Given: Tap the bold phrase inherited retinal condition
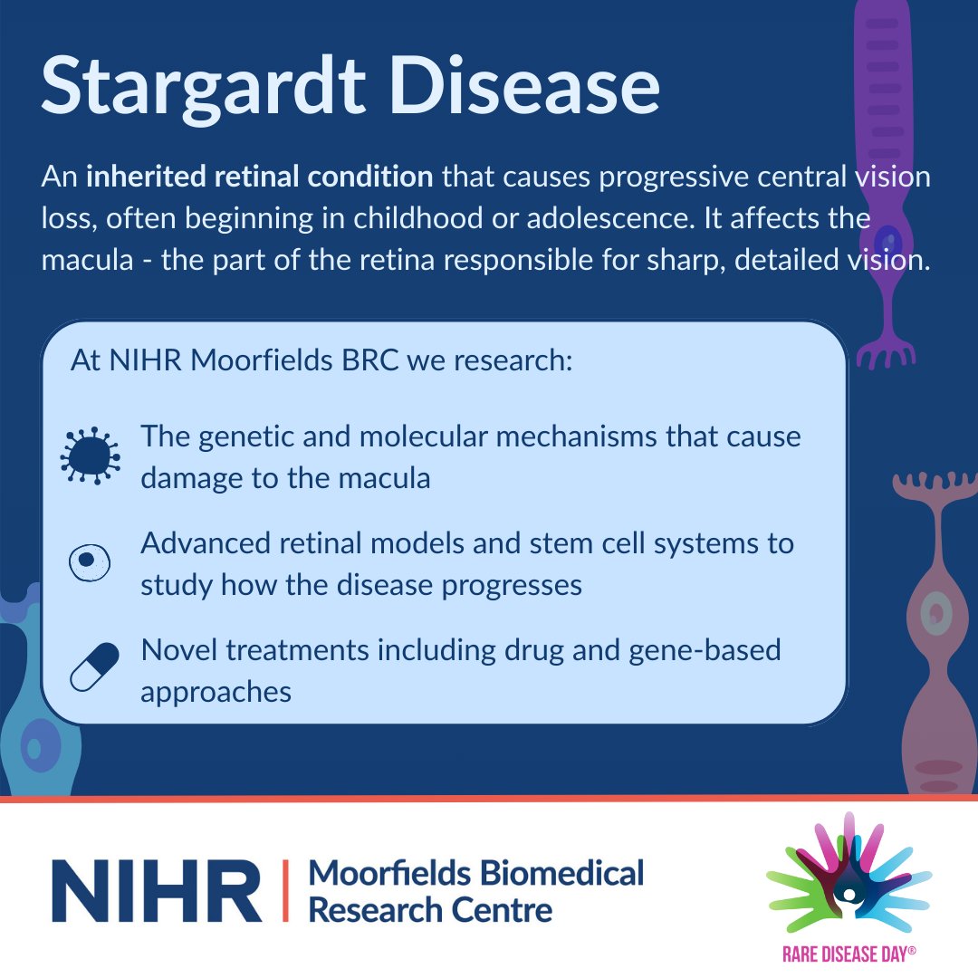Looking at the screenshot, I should (x=259, y=177).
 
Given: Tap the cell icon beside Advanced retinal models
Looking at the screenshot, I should (x=89, y=562).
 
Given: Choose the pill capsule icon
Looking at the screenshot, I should (x=94, y=667).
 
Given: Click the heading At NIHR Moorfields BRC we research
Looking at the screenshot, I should (x=321, y=360).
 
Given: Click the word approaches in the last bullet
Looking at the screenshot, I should (x=216, y=692).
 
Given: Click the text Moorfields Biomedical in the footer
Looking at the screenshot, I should (x=476, y=873).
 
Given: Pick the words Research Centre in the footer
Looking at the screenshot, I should (x=430, y=908).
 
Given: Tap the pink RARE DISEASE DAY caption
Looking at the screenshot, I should (x=849, y=953).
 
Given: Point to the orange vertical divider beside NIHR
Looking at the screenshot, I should (x=287, y=890).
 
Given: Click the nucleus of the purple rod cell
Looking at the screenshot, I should (x=893, y=242).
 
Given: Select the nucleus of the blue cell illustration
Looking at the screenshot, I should (x=34, y=748).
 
